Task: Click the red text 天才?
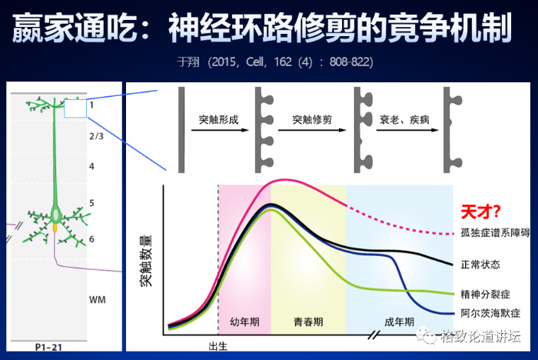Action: [x=480, y=212]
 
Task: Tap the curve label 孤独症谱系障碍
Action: [x=496, y=233]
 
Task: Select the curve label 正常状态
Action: [x=480, y=265]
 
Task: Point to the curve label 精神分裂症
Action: [x=485, y=295]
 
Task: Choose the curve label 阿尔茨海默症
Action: [x=490, y=313]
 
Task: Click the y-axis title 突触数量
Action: [x=146, y=261]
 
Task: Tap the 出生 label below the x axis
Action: [x=218, y=346]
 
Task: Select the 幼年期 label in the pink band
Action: [x=244, y=322]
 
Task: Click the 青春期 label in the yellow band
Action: [x=308, y=322]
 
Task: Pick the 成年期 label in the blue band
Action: [x=399, y=322]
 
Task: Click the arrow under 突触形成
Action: [x=220, y=130]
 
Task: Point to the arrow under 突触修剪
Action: [x=312, y=130]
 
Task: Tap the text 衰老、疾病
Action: [x=404, y=120]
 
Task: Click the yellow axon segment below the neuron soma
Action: [x=55, y=228]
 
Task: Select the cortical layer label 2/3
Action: [x=96, y=136]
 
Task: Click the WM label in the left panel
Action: [x=98, y=300]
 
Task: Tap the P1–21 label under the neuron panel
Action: [x=48, y=347]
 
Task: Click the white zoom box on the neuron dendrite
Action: [x=75, y=108]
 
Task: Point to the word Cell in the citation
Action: [x=254, y=62]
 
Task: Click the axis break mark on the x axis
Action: [x=374, y=335]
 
